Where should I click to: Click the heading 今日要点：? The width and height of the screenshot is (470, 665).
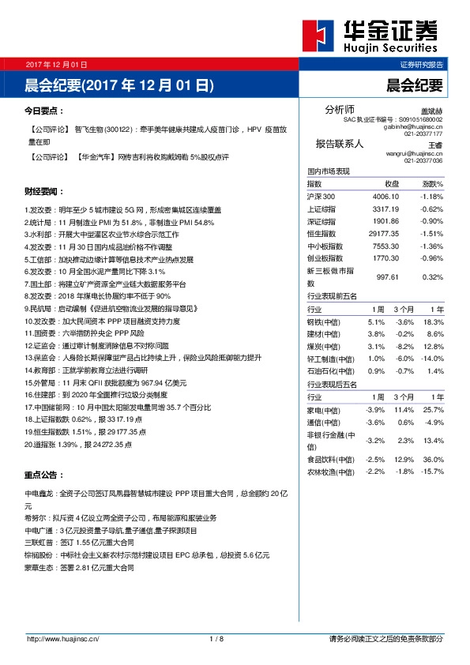[44, 112]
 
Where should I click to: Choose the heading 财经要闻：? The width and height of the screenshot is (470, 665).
[44, 192]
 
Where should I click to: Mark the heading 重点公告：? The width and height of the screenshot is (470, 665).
[44, 475]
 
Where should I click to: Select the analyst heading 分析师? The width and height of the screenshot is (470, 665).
[340, 109]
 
